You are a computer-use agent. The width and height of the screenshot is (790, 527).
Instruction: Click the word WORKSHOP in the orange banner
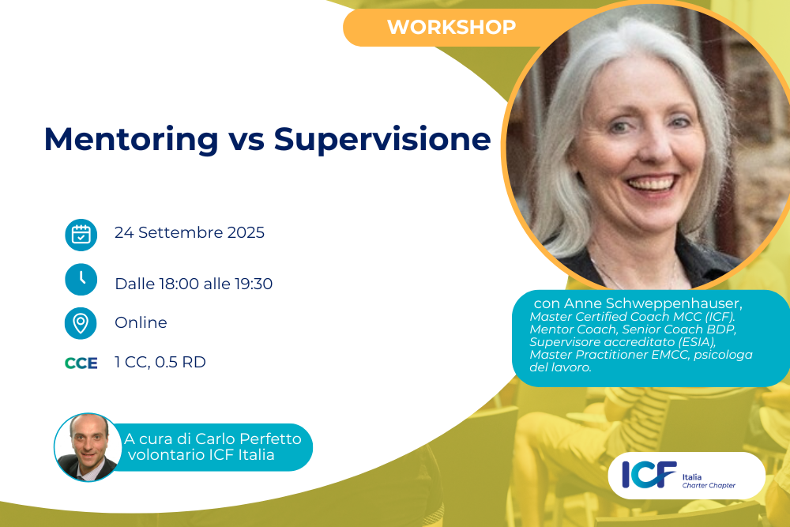pos(451,27)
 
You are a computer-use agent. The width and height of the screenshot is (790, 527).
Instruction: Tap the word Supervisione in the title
pos(382,140)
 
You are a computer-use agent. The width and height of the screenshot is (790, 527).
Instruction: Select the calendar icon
pos(81,235)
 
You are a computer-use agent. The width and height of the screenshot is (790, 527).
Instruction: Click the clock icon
pos(81,279)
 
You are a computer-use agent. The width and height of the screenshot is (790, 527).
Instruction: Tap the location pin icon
pos(81,323)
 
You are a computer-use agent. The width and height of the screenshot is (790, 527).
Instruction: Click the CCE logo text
pos(81,363)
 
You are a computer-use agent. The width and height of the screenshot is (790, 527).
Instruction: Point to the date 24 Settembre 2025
pos(190,232)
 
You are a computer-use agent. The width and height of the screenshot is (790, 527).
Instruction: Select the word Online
pos(141,322)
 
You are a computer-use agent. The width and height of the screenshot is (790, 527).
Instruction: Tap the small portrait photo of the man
pos(87,447)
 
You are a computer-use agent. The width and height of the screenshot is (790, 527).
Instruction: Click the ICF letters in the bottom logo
pos(649,474)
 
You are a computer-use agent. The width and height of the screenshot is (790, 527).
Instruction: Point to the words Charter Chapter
pos(709,485)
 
